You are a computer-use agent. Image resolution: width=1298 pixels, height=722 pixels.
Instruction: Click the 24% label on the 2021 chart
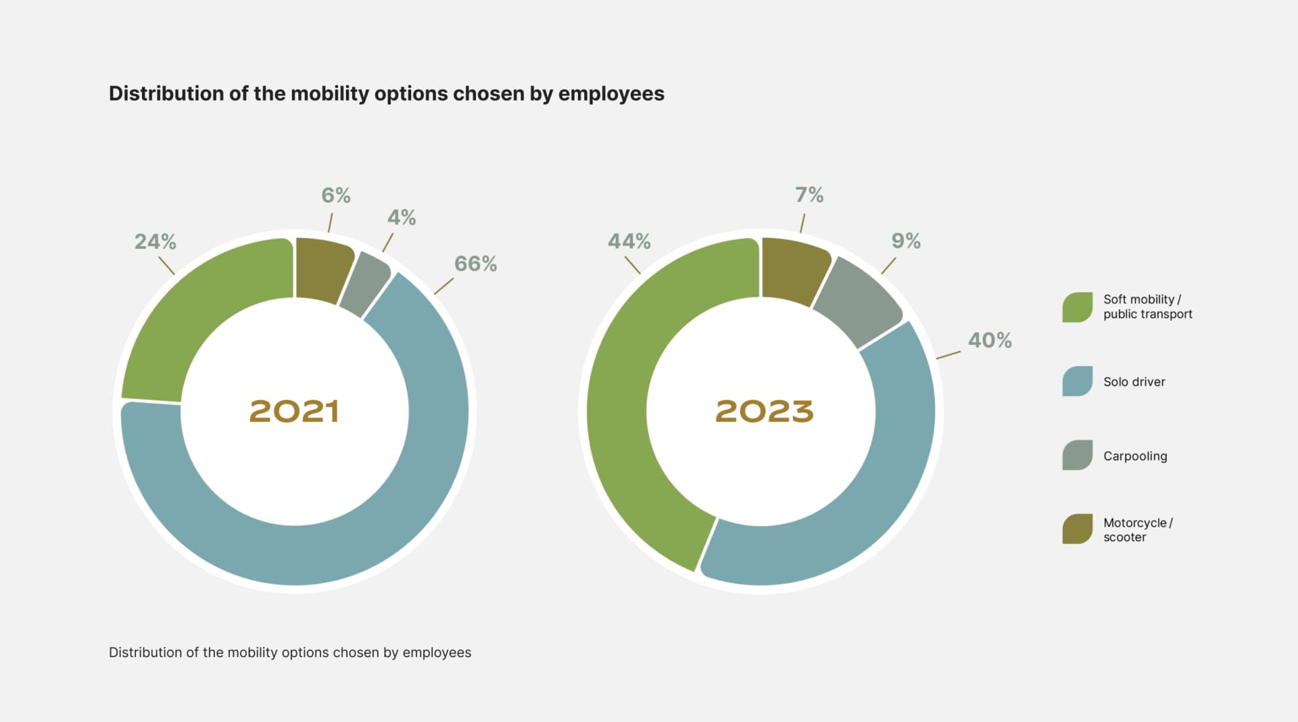point(155,241)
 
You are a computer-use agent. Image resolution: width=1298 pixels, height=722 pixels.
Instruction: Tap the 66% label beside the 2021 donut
point(475,264)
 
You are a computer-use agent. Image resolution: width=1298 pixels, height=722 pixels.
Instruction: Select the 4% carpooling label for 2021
point(401,218)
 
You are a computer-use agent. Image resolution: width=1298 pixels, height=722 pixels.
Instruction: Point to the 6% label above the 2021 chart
point(335,195)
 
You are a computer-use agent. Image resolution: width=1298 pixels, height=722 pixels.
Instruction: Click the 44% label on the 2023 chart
point(629,241)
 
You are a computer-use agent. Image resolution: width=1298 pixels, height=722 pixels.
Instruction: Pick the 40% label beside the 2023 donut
point(989,340)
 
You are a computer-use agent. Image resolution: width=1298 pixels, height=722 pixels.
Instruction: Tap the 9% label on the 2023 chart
point(905,241)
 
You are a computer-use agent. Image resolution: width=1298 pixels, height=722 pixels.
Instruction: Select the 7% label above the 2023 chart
point(809,195)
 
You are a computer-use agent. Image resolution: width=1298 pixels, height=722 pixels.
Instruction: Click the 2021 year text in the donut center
point(294,411)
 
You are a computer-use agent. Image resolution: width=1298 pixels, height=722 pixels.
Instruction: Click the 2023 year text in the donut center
point(764,411)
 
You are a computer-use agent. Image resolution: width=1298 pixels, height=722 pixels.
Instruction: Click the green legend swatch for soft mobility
point(1077,307)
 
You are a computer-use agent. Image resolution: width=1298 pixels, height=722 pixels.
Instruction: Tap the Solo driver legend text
point(1134,382)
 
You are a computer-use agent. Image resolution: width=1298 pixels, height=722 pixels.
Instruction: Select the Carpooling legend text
point(1134,456)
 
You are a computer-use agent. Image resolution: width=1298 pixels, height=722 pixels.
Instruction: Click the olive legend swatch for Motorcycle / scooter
point(1077,529)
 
